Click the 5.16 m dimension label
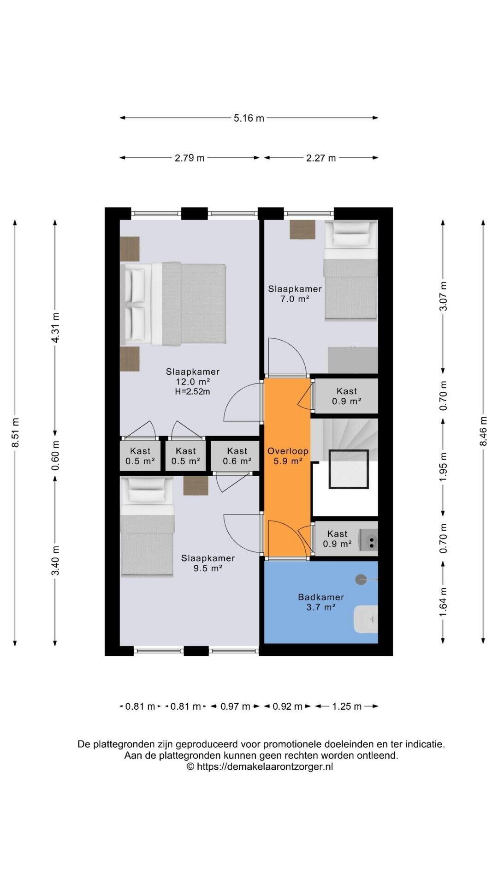click(249, 118)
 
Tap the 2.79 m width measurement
click(190, 158)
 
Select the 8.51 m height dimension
click(15, 432)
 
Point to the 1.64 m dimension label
click(443, 602)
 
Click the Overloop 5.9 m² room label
click(288, 456)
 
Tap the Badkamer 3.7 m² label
click(321, 602)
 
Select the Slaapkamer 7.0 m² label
click(295, 293)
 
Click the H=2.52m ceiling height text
click(193, 392)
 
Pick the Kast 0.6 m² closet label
click(237, 456)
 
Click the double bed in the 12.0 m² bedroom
click(173, 304)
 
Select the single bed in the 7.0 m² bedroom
click(350, 270)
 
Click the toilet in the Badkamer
click(366, 619)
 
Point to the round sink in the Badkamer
click(361, 580)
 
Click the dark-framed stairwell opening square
click(349, 469)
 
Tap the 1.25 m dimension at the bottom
click(347, 706)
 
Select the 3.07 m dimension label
click(443, 296)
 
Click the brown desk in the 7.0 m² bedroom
click(302, 229)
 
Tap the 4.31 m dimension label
click(55, 328)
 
